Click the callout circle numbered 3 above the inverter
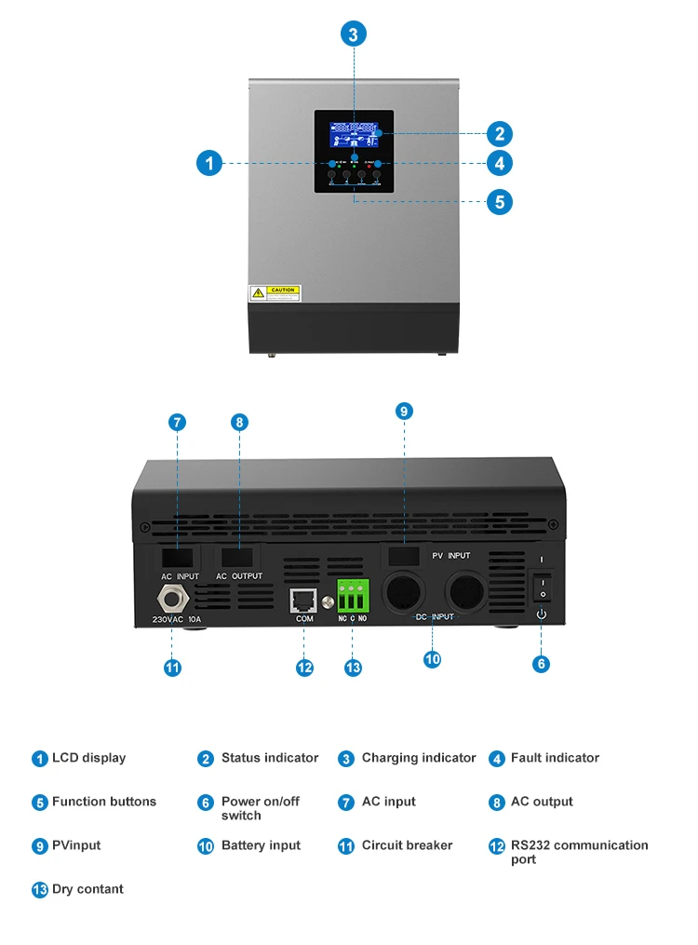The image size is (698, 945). tap(353, 34)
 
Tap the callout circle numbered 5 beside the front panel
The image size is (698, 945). tap(500, 201)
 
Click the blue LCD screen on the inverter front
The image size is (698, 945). tap(354, 134)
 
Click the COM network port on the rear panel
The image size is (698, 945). tap(304, 601)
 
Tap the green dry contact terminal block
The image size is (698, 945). tap(353, 593)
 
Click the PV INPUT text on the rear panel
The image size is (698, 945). tap(451, 556)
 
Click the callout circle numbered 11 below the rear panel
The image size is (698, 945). tap(172, 668)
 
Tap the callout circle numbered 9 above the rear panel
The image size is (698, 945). tap(404, 411)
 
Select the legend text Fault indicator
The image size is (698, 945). tap(555, 758)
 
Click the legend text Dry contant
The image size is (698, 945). tap(87, 889)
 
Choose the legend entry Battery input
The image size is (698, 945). tap(261, 845)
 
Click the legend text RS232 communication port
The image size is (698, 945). tap(579, 852)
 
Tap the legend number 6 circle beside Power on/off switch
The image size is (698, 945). tap(206, 803)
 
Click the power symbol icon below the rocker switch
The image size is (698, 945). tap(542, 614)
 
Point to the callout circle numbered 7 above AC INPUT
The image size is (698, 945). tap(178, 422)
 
